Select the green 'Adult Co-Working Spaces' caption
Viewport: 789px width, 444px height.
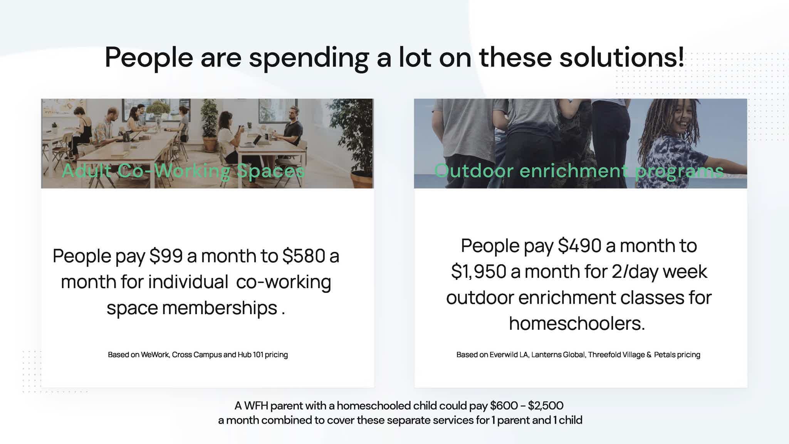pyautogui.click(x=183, y=170)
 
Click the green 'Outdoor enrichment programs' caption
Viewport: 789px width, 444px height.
pyautogui.click(x=579, y=171)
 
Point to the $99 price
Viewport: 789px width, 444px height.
pyautogui.click(x=166, y=256)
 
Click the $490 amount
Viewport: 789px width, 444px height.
pyautogui.click(x=580, y=246)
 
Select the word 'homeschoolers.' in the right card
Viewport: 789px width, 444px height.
pyautogui.click(x=577, y=323)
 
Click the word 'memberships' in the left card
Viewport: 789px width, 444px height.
pyautogui.click(x=220, y=308)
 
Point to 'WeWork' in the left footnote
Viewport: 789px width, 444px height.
pyautogui.click(x=155, y=355)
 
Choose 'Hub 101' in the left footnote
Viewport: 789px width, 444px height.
pyautogui.click(x=250, y=355)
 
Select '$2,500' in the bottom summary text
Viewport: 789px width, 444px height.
pyautogui.click(x=546, y=405)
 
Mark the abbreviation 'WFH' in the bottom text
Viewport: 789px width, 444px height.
pyautogui.click(x=256, y=405)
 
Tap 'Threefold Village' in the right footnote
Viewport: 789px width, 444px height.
pyautogui.click(x=616, y=355)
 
